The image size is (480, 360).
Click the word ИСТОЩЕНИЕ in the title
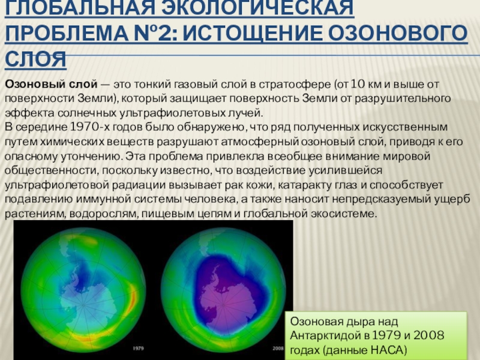click(x=253, y=33)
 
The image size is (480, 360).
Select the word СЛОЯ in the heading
click(x=35, y=59)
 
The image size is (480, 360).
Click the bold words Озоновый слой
click(x=51, y=84)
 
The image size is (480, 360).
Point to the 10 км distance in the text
click(x=366, y=84)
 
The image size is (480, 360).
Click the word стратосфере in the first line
click(x=295, y=85)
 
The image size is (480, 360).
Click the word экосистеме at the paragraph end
click(x=344, y=214)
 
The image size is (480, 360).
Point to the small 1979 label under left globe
click(x=139, y=348)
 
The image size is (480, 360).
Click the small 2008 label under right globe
click(x=278, y=348)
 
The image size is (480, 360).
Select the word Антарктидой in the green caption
click(x=325, y=336)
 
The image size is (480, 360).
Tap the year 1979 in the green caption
click(x=386, y=335)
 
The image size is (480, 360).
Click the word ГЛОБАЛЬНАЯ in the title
click(x=80, y=8)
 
